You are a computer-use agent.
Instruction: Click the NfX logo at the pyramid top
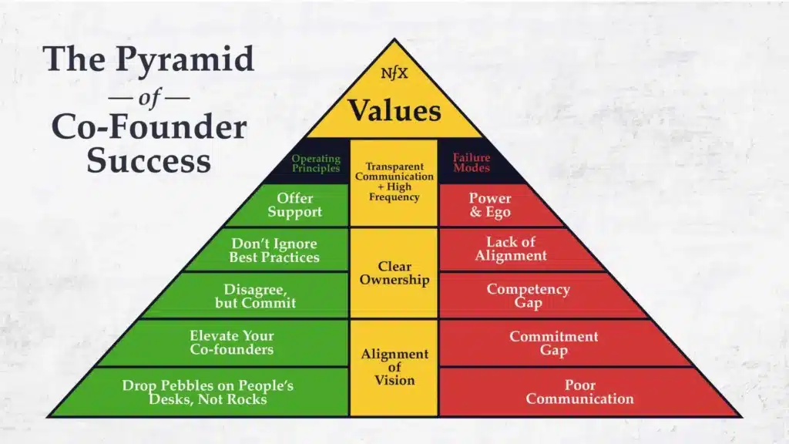coord(394,76)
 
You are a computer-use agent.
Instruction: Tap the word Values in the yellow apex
coord(394,109)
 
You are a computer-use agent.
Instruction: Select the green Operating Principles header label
coord(316,163)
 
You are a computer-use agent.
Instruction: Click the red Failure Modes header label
coord(472,163)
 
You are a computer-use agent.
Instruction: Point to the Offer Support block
coord(295,205)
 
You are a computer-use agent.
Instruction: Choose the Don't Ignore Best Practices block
coord(274,251)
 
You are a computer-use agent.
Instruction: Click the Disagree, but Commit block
coord(255,296)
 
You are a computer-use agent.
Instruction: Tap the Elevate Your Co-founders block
coord(231,343)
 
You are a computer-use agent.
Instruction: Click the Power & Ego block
coord(490,205)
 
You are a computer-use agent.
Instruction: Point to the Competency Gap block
coord(528,296)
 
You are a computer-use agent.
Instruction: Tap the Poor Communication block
coord(579,392)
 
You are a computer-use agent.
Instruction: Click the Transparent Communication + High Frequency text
coord(394,182)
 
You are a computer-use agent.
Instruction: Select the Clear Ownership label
coord(394,274)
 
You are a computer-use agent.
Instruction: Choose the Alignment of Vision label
coord(394,367)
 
